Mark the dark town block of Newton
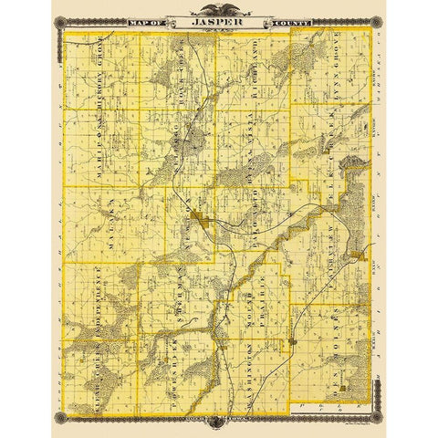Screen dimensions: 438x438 [x=208, y=223]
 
